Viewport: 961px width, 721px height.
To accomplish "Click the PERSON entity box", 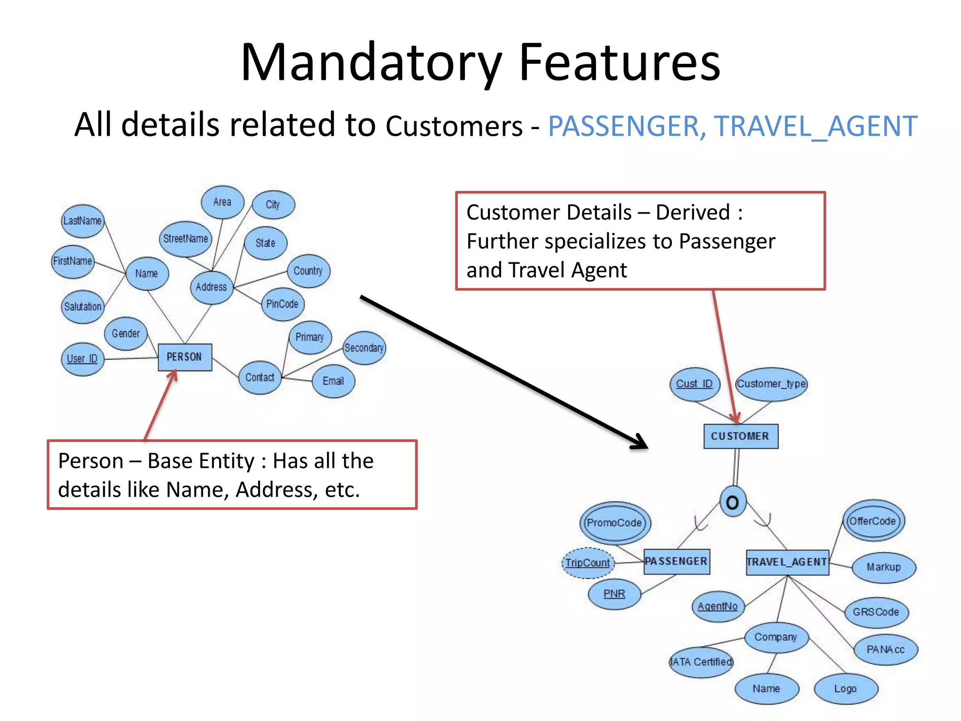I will [185, 357].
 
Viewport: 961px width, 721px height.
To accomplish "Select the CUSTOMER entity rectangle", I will [740, 436].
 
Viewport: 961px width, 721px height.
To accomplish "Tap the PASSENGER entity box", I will [676, 561].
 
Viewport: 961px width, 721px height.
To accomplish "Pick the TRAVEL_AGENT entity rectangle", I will [787, 562].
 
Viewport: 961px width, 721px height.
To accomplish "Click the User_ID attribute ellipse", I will [83, 359].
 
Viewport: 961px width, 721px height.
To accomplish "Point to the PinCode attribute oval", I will [282, 304].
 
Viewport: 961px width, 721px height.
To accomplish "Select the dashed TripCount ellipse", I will [587, 563].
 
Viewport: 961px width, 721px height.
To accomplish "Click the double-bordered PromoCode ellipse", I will [615, 523].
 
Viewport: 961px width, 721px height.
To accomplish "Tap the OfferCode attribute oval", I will [873, 521].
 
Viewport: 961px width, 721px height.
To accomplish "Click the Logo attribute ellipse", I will [846, 689].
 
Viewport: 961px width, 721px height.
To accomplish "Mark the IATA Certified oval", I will [701, 662].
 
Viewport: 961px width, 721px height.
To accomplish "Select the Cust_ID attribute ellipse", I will [694, 384].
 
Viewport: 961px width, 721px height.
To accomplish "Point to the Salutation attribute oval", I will [83, 307].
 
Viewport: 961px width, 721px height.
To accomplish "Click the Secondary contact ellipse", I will [364, 348].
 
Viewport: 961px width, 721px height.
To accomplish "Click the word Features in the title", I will [619, 62].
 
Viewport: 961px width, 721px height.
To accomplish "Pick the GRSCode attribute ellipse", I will [876, 612].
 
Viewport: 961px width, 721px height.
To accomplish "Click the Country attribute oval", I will [308, 271].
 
